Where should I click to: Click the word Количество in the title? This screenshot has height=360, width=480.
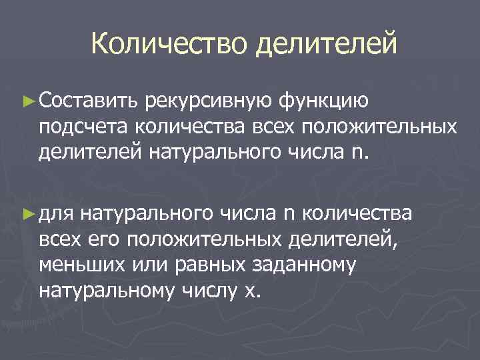pos(170,45)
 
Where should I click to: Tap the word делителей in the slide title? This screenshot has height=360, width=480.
pos(325,45)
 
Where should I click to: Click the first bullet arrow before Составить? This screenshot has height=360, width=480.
pos(27,101)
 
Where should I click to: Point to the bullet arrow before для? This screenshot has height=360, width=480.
pos(27,213)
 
